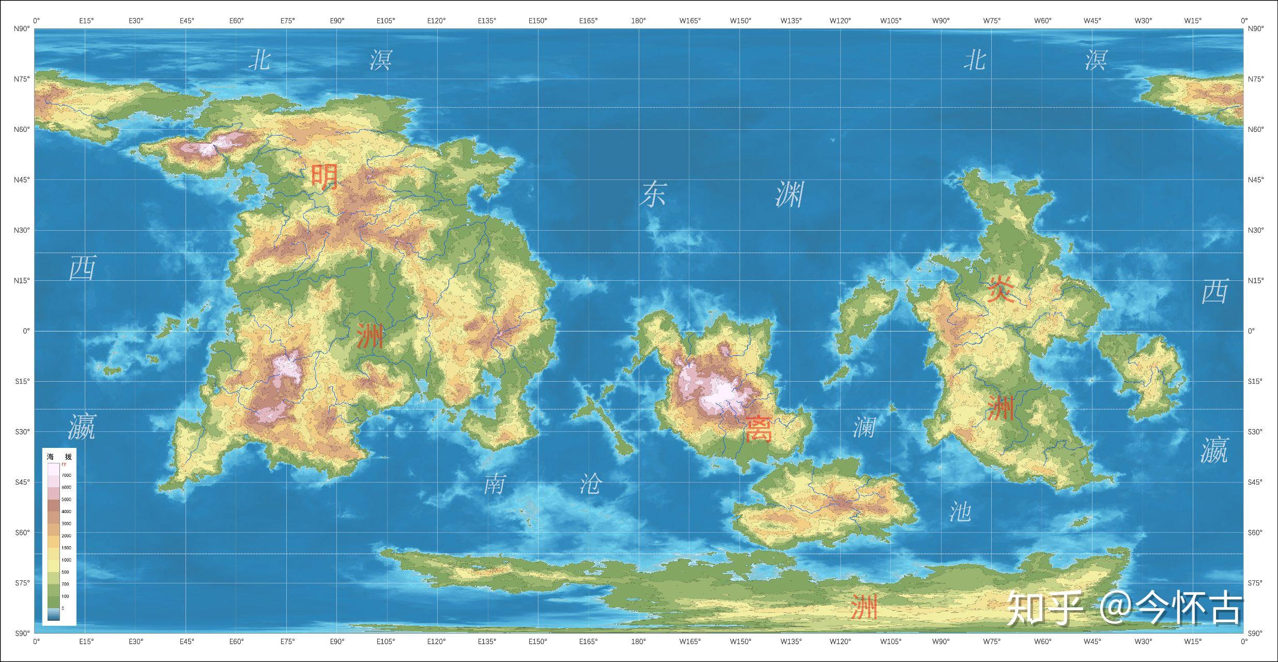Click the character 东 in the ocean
pos(653,194)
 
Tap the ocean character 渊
pos(790,194)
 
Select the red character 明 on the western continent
pos(324,176)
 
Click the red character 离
pos(758,429)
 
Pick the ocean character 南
pos(494,484)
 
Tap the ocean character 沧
pos(591,484)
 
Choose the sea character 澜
pos(864,427)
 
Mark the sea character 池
pos(960,511)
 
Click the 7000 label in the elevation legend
pos(67,475)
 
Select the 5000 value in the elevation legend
pos(67,500)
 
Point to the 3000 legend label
pos(67,524)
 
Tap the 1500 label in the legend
pos(67,548)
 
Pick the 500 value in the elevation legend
pos(66,572)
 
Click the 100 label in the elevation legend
pos(66,596)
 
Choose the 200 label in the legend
pos(66,584)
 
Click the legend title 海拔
pos(59,457)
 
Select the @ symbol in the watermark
pos(1116,608)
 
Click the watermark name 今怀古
pos(1189,608)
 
